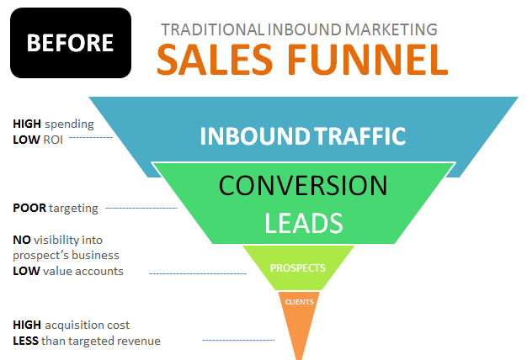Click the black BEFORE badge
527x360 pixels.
click(x=71, y=43)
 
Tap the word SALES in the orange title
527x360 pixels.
click(x=215, y=60)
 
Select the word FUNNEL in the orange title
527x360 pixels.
click(x=368, y=60)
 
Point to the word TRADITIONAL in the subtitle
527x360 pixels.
click(x=212, y=29)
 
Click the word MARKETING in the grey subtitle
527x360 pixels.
click(x=391, y=29)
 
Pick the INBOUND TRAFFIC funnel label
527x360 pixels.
click(x=303, y=136)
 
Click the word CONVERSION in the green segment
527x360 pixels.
click(x=303, y=185)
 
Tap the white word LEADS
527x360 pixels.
click(x=304, y=223)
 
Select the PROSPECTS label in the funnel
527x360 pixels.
click(x=298, y=268)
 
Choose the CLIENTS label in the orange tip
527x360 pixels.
click(x=300, y=302)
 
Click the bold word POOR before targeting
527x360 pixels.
click(x=29, y=208)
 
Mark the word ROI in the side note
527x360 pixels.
click(x=53, y=140)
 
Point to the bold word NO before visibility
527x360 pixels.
click(x=22, y=240)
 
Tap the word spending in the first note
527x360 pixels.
click(x=69, y=124)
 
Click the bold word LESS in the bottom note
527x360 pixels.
click(x=25, y=341)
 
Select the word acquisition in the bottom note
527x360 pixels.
click(x=73, y=325)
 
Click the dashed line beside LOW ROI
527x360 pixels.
click(x=91, y=137)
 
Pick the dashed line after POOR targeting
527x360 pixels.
click(x=141, y=209)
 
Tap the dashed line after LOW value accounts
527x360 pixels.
click(x=198, y=273)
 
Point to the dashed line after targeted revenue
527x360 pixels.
click(x=238, y=340)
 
